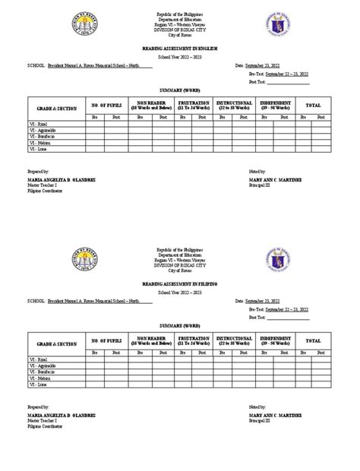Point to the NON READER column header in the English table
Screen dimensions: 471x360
[x=151, y=104]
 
